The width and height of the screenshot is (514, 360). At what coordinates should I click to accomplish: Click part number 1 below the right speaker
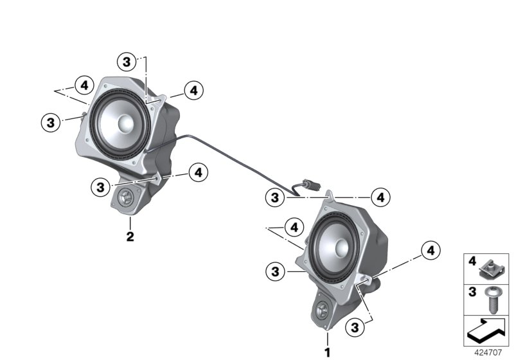(328, 352)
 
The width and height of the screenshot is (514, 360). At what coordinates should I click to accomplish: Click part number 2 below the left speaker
(130, 237)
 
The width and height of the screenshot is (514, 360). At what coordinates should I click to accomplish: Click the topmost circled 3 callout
(127, 62)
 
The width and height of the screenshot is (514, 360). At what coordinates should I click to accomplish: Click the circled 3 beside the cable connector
(274, 197)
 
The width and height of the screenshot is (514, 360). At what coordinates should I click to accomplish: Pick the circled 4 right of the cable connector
(380, 197)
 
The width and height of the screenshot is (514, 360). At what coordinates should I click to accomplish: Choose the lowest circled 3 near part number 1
(353, 327)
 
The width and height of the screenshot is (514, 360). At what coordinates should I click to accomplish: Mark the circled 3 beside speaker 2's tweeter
(99, 187)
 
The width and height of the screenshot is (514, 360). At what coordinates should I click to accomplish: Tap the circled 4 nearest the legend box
(430, 250)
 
